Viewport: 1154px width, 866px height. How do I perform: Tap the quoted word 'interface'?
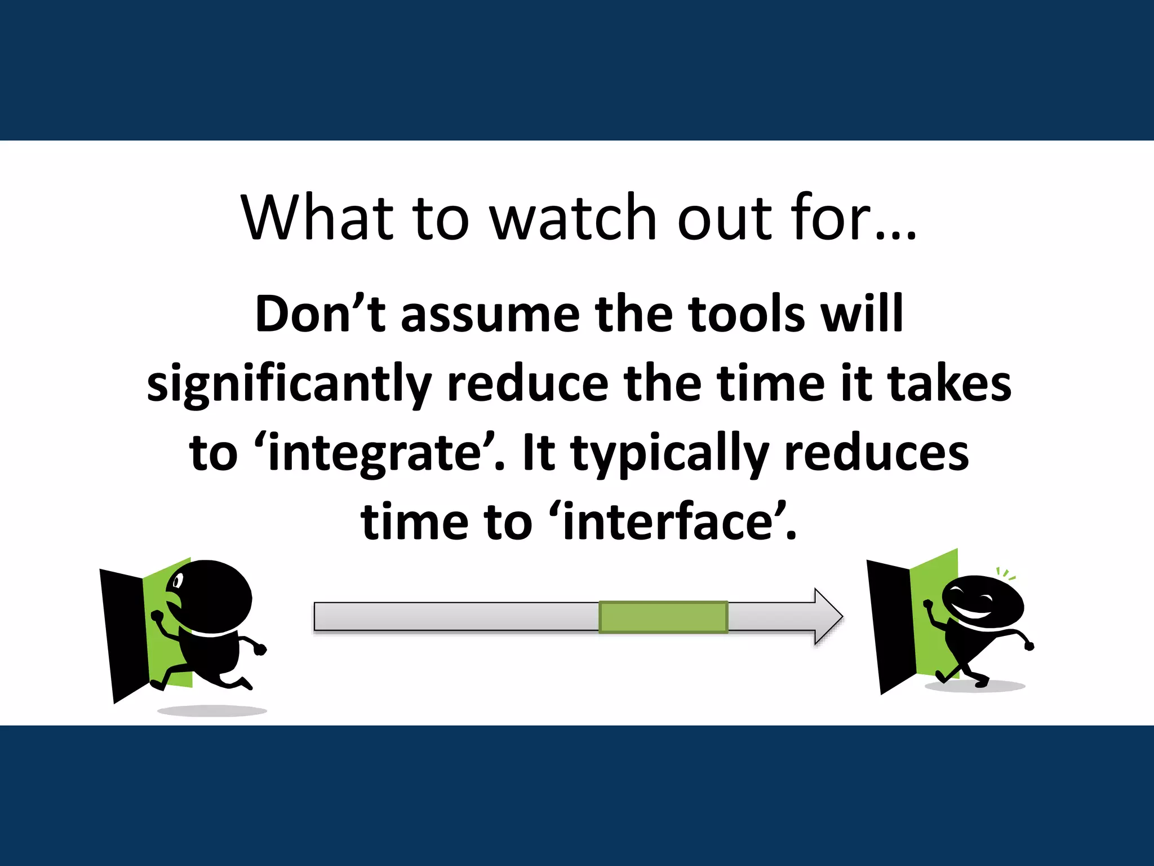[667, 522]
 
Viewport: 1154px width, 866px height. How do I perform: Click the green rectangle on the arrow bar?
[663, 617]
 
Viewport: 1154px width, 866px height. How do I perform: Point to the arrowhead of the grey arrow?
[827, 617]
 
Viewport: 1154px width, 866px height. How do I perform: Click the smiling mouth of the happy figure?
[975, 612]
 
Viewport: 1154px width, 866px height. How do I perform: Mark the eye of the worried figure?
[179, 581]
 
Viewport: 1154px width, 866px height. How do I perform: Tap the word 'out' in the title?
[725, 219]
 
